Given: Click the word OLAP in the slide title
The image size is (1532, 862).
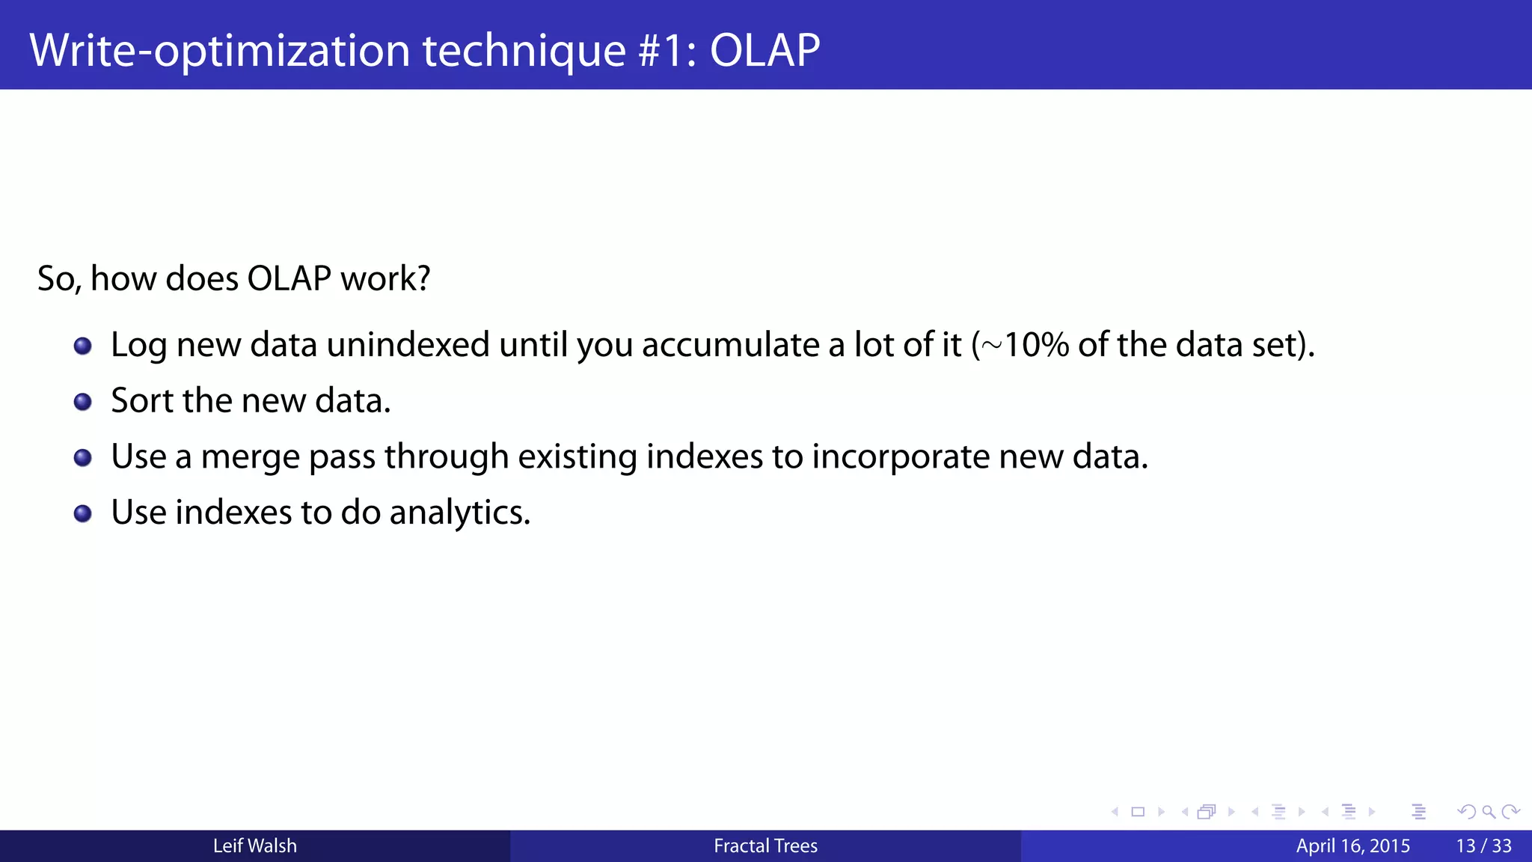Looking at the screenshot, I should pos(764,50).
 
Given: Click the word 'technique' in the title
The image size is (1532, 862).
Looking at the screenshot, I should pos(524,50).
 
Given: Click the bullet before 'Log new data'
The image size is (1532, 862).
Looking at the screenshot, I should pos(83,346).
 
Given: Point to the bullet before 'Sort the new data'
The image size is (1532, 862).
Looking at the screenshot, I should pos(83,402).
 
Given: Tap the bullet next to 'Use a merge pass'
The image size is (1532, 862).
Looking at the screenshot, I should pos(83,457).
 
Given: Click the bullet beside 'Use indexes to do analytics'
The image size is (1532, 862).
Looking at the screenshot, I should pos(83,513).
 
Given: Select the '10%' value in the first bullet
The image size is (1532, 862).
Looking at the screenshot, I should pos(1036,345).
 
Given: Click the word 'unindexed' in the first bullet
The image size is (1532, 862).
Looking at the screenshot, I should pos(408,345).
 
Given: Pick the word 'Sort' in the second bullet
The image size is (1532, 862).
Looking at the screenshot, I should pos(141,400).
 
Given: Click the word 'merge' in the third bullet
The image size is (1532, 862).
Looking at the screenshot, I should pos(250,457).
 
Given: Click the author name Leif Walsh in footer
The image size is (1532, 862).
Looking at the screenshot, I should pos(254,846).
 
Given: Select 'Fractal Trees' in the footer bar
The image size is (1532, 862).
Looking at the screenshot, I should pos(765,846).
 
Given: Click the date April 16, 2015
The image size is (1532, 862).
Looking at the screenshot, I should pos(1352,846).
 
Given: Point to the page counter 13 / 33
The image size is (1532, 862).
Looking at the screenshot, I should pos(1483,846).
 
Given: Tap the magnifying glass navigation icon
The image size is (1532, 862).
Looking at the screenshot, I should pos(1489,812).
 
